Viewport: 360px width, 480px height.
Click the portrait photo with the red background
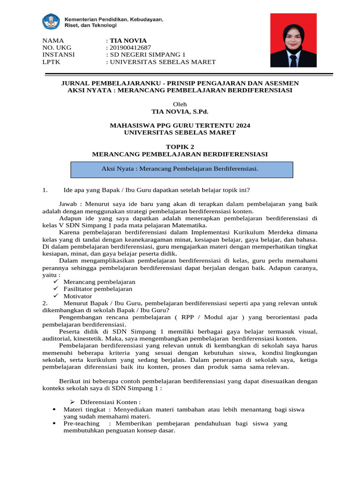[x=293, y=40]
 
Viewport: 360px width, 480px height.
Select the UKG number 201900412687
[x=130, y=47]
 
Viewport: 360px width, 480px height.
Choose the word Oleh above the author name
[x=180, y=104]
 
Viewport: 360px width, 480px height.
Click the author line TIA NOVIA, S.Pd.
[x=180, y=112]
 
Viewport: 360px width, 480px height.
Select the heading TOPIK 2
[x=180, y=147]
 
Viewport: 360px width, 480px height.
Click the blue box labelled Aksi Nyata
[x=182, y=170]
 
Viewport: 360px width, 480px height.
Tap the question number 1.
[x=45, y=190]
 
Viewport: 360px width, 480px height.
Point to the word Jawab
[x=68, y=204]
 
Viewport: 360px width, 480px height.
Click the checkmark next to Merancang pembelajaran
[x=56, y=282]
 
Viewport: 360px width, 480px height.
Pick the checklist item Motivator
[x=78, y=296]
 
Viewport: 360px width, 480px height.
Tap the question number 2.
[x=45, y=303]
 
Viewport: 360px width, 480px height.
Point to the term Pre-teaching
[x=82, y=423]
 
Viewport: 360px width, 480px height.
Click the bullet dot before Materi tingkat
[x=56, y=410]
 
